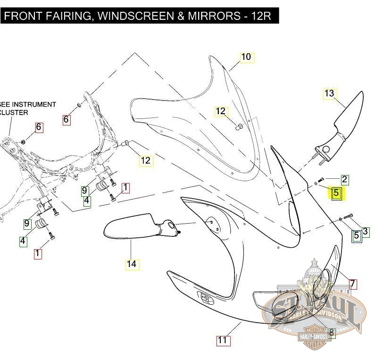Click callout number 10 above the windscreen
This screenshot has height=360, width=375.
[x=246, y=58]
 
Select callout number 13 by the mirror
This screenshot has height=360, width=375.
[x=329, y=93]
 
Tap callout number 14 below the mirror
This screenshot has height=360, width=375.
[x=132, y=264]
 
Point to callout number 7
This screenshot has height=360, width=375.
[x=352, y=284]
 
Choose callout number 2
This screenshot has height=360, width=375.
[x=345, y=179]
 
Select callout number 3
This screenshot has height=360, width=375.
[x=366, y=232]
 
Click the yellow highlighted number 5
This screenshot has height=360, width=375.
[x=336, y=193]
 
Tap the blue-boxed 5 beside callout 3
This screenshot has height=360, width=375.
[x=357, y=235]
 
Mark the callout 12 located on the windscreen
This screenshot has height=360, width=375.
[x=221, y=112]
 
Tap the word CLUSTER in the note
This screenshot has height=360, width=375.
[x=14, y=113]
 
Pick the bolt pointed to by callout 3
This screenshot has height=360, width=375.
[x=349, y=217]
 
